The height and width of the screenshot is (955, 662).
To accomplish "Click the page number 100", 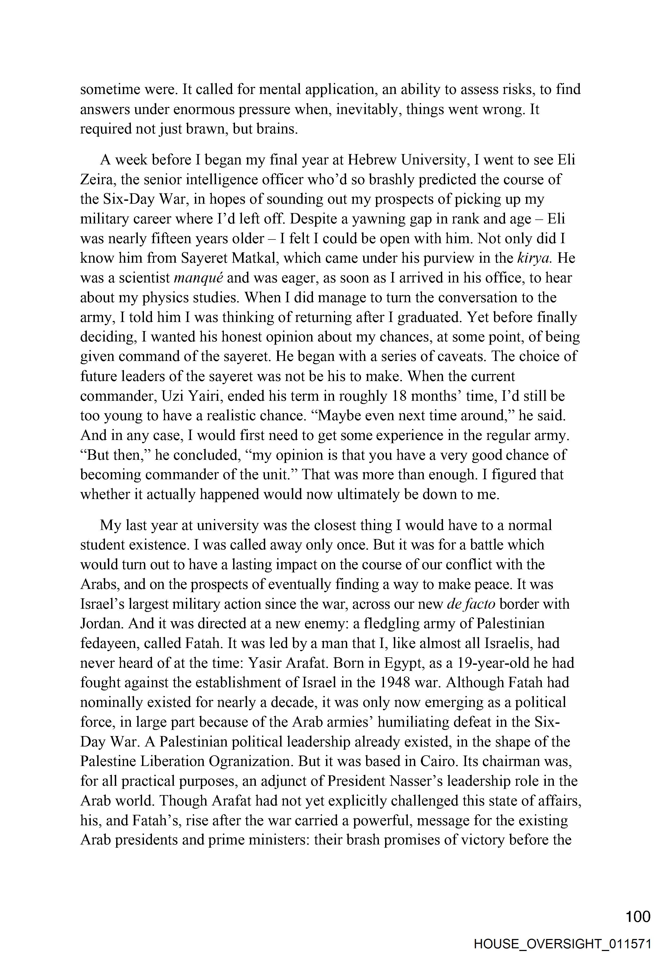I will (638, 915).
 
